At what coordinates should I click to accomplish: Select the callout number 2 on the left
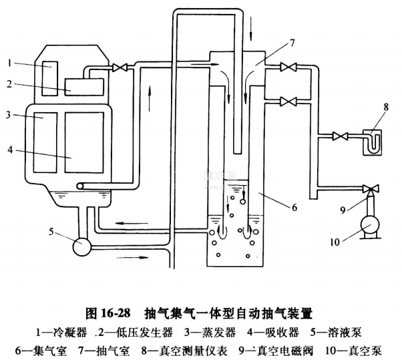coord(10,83)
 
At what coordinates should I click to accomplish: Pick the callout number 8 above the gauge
coord(385,104)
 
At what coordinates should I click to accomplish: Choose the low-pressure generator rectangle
coord(84,85)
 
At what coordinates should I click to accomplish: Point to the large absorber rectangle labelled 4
coord(84,144)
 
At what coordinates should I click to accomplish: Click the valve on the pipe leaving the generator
coord(121,67)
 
